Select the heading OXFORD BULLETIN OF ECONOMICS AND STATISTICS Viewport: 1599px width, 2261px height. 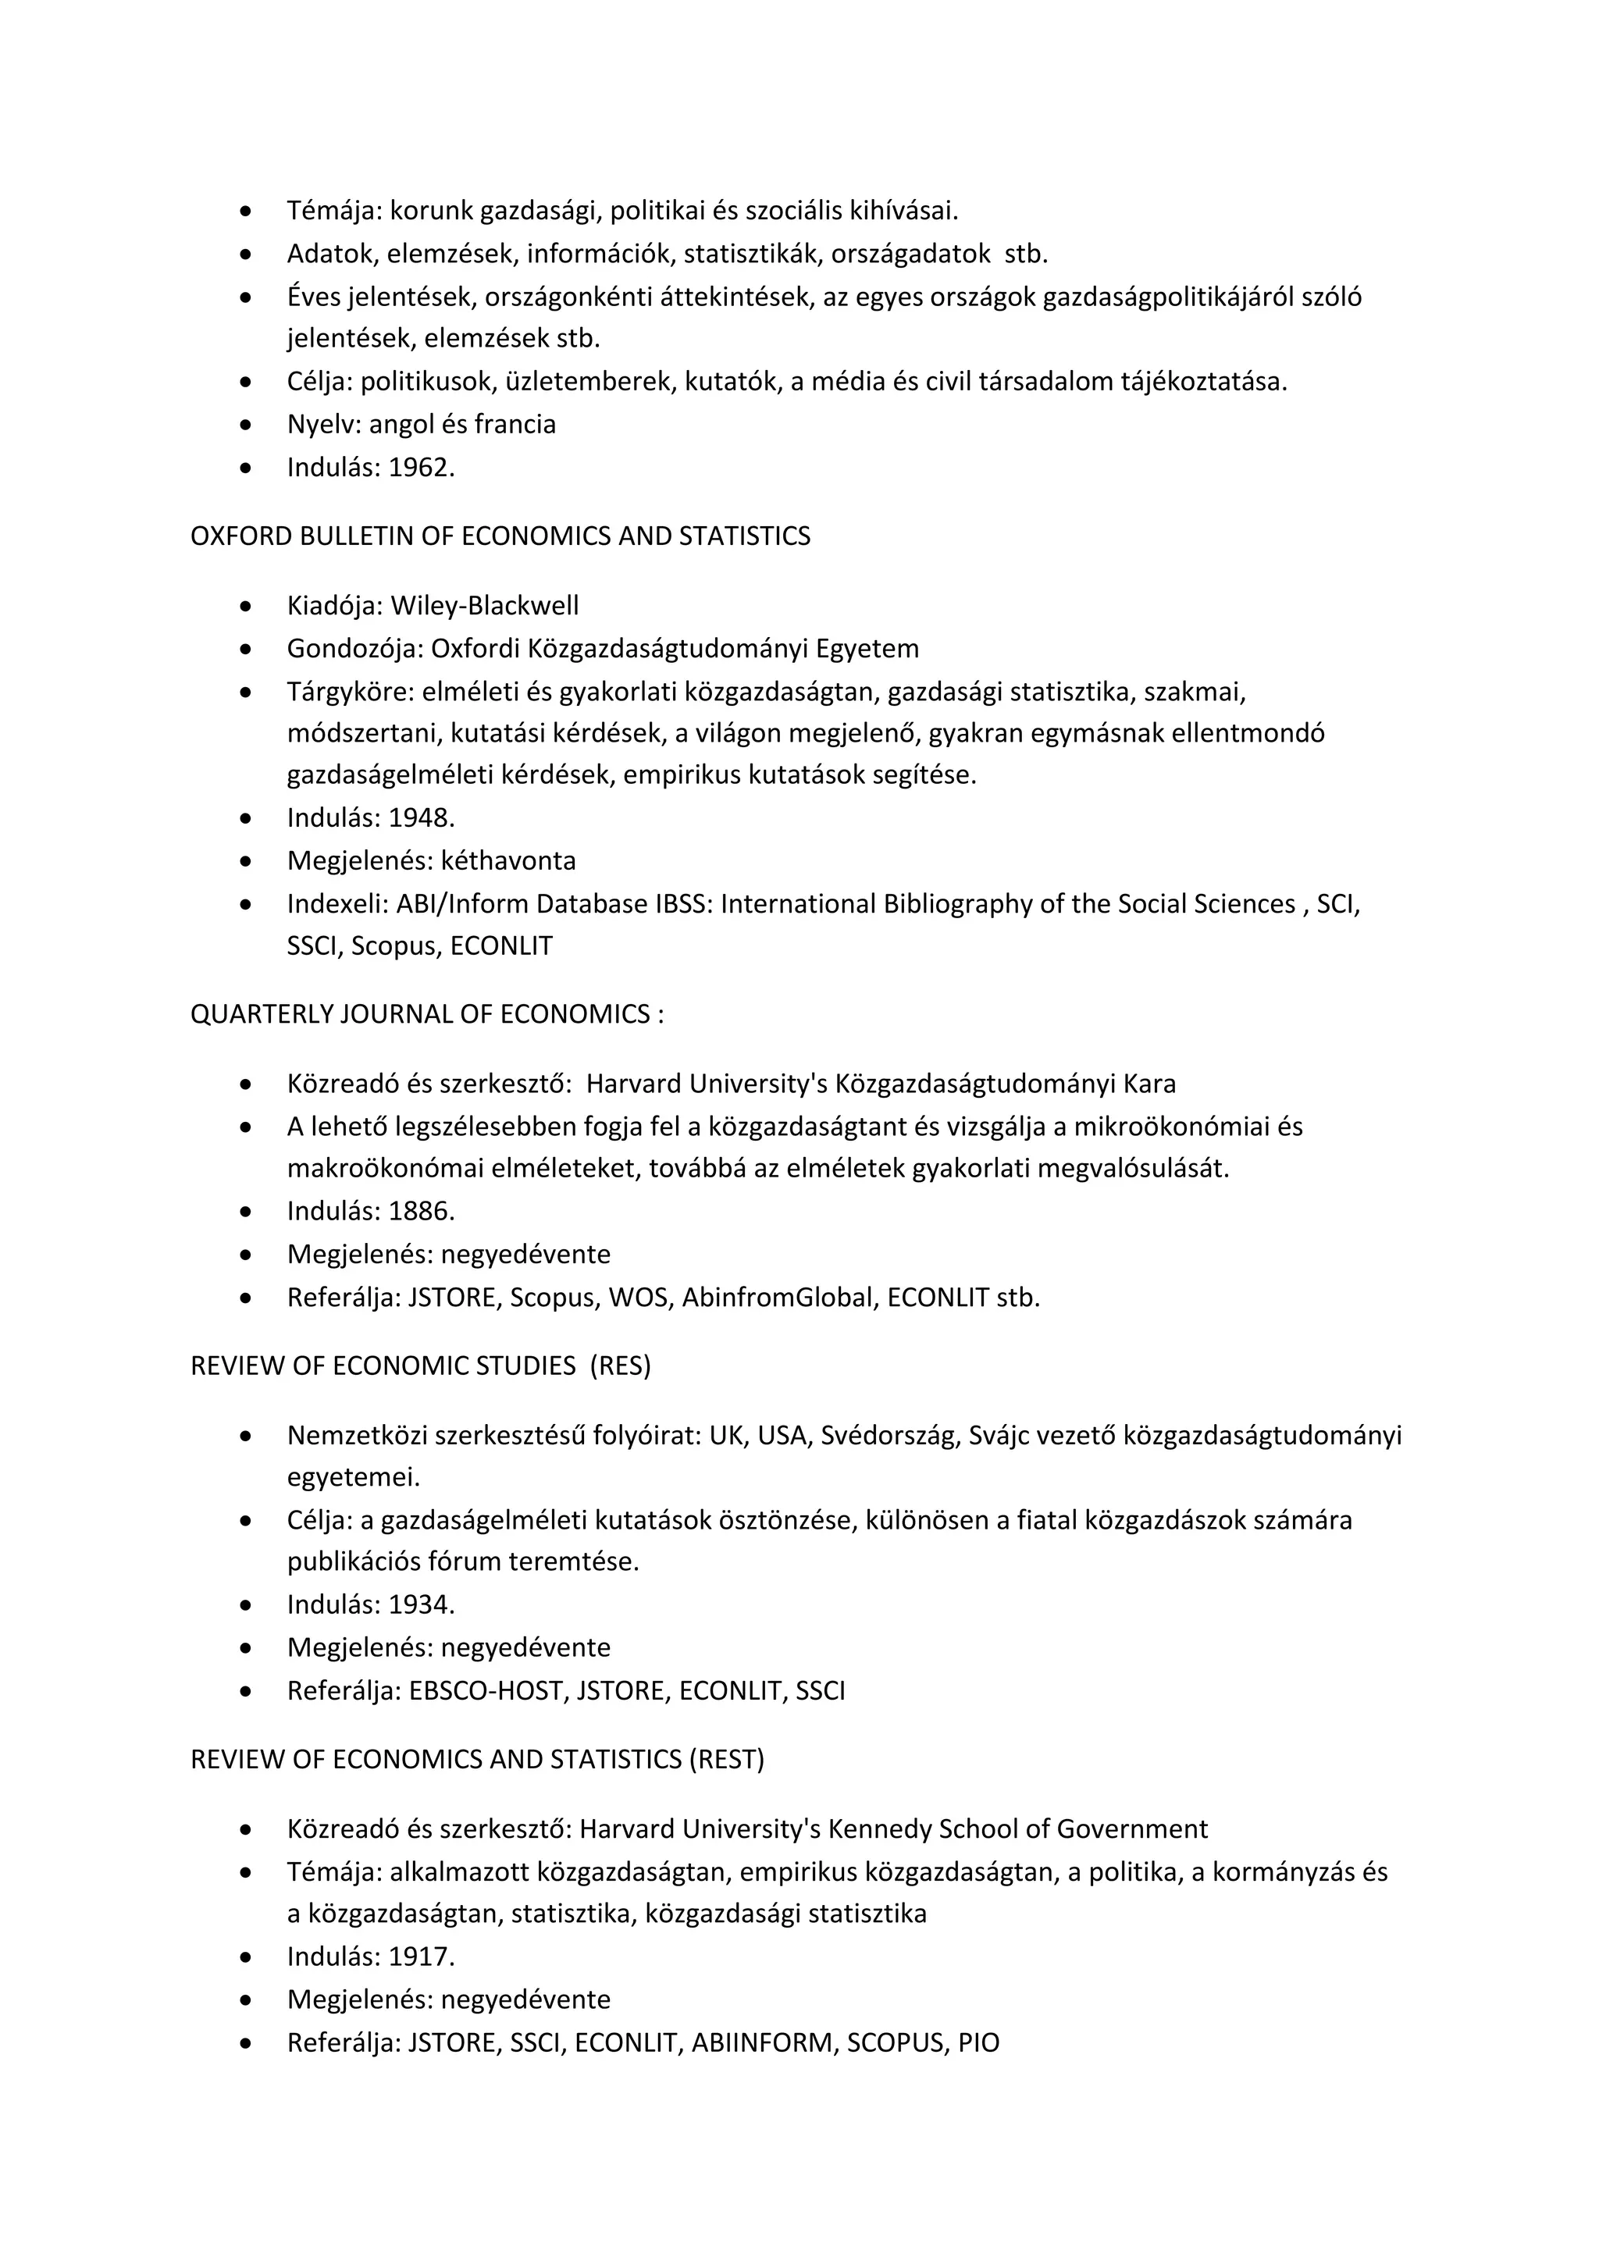(500, 536)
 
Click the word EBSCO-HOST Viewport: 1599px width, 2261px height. (487, 1692)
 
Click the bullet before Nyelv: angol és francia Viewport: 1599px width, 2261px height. (245, 425)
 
